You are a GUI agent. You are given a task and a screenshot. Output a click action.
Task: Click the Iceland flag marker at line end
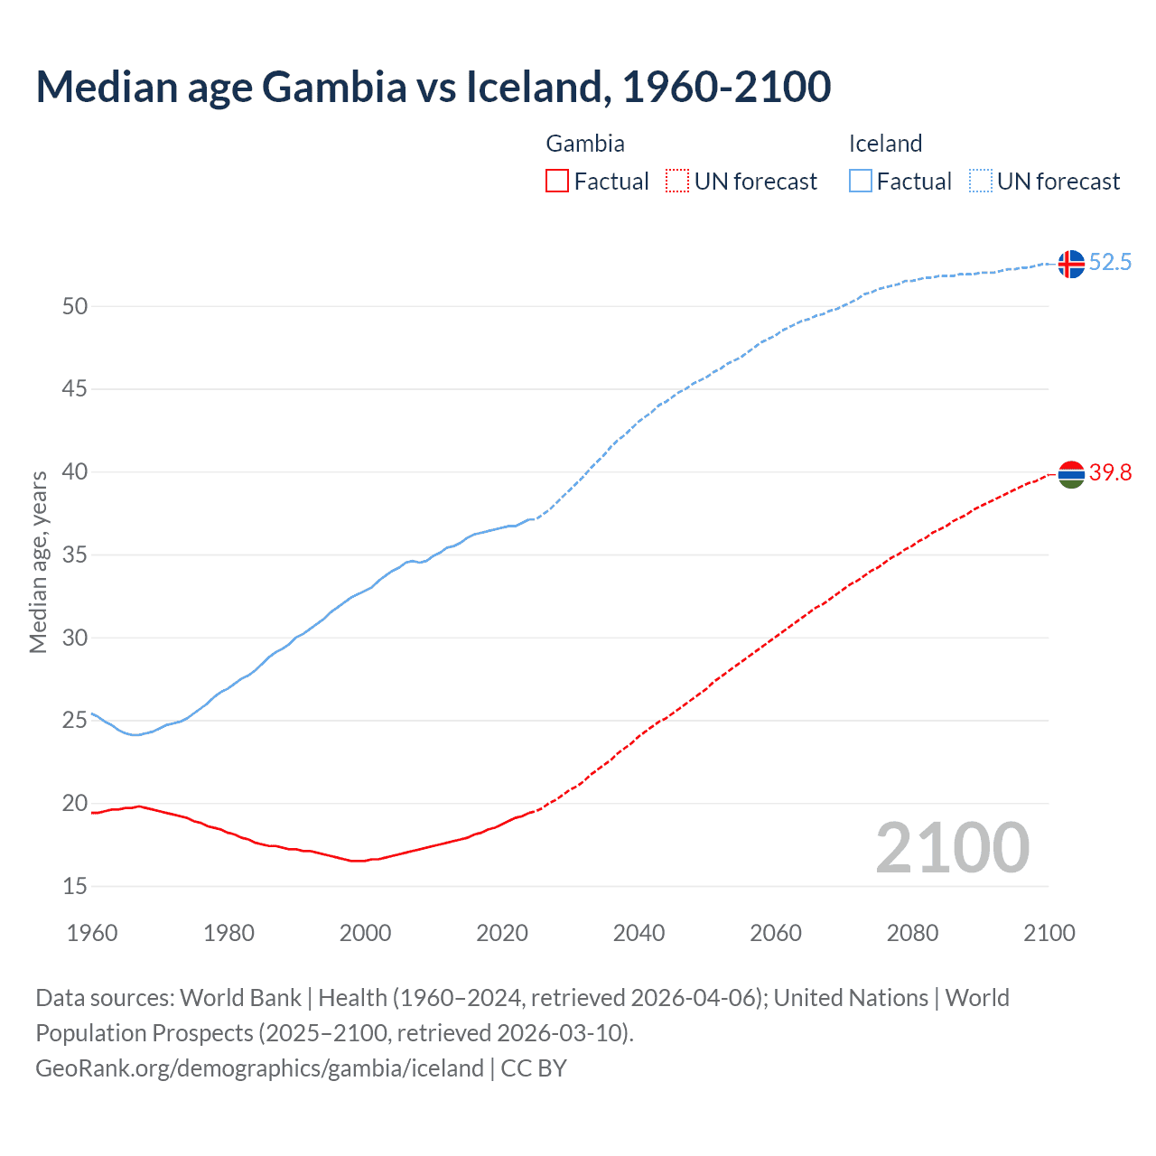coord(1071,264)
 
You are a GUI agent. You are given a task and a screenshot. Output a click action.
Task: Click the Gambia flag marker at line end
coord(1071,474)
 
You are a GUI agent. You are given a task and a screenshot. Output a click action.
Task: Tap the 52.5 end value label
coord(1110,263)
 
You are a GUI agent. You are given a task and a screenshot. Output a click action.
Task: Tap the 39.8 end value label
coord(1110,473)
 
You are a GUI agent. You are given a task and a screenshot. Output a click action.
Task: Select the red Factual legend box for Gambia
coord(557,182)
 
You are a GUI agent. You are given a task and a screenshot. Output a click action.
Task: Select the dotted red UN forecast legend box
coord(677,182)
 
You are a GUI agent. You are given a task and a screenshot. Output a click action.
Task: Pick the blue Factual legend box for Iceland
coord(860,182)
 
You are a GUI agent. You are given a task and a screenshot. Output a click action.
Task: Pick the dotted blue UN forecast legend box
coord(980,182)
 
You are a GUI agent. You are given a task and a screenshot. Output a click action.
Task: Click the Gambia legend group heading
coord(585,144)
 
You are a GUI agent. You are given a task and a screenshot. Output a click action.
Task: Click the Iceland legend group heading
coord(885,144)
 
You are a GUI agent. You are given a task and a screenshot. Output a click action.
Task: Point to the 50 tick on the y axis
coord(75,306)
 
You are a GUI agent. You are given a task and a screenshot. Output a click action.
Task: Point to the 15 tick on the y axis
coord(75,887)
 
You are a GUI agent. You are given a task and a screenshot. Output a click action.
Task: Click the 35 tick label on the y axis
coord(75,555)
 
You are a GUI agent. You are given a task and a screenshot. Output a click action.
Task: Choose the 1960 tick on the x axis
coord(92,933)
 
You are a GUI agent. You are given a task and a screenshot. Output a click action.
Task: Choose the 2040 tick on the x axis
coord(639,933)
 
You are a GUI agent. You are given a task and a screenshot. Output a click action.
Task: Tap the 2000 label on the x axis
coord(365,933)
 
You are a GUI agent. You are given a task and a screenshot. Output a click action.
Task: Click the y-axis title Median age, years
coord(38,562)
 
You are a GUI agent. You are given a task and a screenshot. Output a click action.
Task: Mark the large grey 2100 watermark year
coord(952,848)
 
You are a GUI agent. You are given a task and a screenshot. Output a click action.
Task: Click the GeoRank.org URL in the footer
coord(259,1068)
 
